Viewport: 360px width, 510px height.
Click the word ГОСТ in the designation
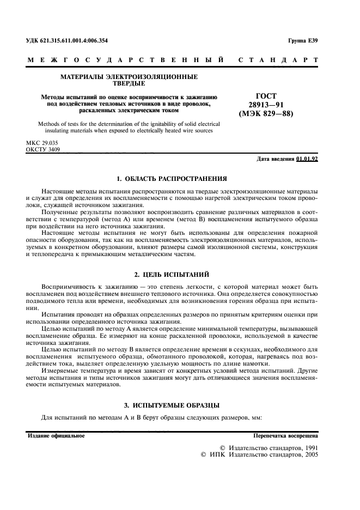click(x=266, y=95)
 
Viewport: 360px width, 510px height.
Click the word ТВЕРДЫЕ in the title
click(x=129, y=84)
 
